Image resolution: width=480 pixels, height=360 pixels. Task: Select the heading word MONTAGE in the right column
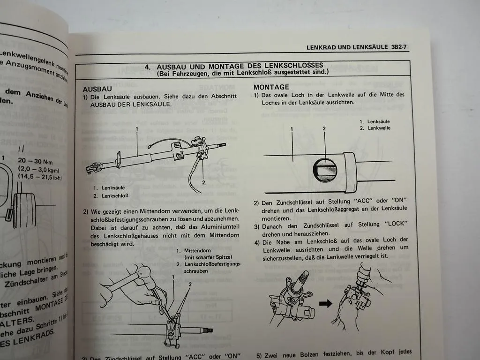[271, 87]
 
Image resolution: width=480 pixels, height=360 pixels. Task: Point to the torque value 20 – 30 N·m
[36, 160]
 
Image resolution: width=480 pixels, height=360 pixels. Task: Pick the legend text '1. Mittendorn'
[193, 250]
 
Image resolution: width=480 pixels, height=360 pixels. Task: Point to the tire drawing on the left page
[23, 211]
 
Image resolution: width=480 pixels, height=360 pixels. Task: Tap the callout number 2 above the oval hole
[324, 128]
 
